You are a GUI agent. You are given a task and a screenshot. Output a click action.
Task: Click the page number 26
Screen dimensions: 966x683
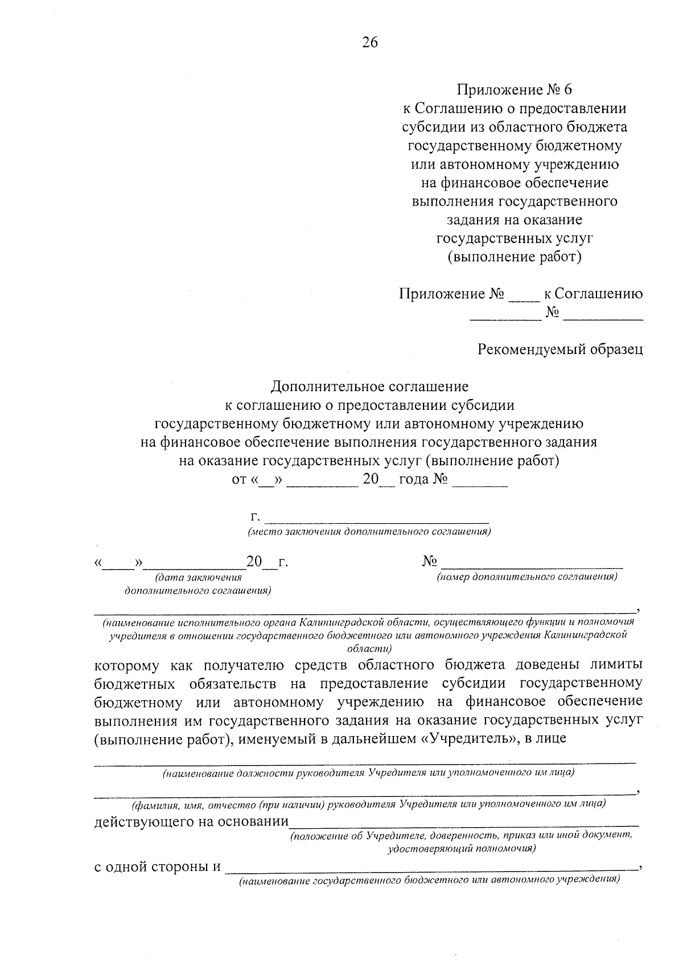pyautogui.click(x=369, y=43)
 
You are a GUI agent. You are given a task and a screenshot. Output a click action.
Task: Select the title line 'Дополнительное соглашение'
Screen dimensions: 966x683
pyautogui.click(x=369, y=387)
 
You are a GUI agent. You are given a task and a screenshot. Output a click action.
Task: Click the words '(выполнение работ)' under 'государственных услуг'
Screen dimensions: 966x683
pyautogui.click(x=515, y=257)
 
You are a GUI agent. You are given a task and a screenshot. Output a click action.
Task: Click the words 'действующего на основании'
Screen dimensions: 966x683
pyautogui.click(x=191, y=821)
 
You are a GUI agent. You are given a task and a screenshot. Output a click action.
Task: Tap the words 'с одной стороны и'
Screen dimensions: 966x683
pyautogui.click(x=157, y=867)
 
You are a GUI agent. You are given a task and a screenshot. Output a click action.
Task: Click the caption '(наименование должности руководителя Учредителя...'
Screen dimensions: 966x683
pyautogui.click(x=368, y=773)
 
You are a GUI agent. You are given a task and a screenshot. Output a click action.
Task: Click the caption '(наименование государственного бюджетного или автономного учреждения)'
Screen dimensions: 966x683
pyautogui.click(x=429, y=881)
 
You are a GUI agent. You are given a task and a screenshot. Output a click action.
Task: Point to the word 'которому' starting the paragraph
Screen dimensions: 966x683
pyautogui.click(x=127, y=665)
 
